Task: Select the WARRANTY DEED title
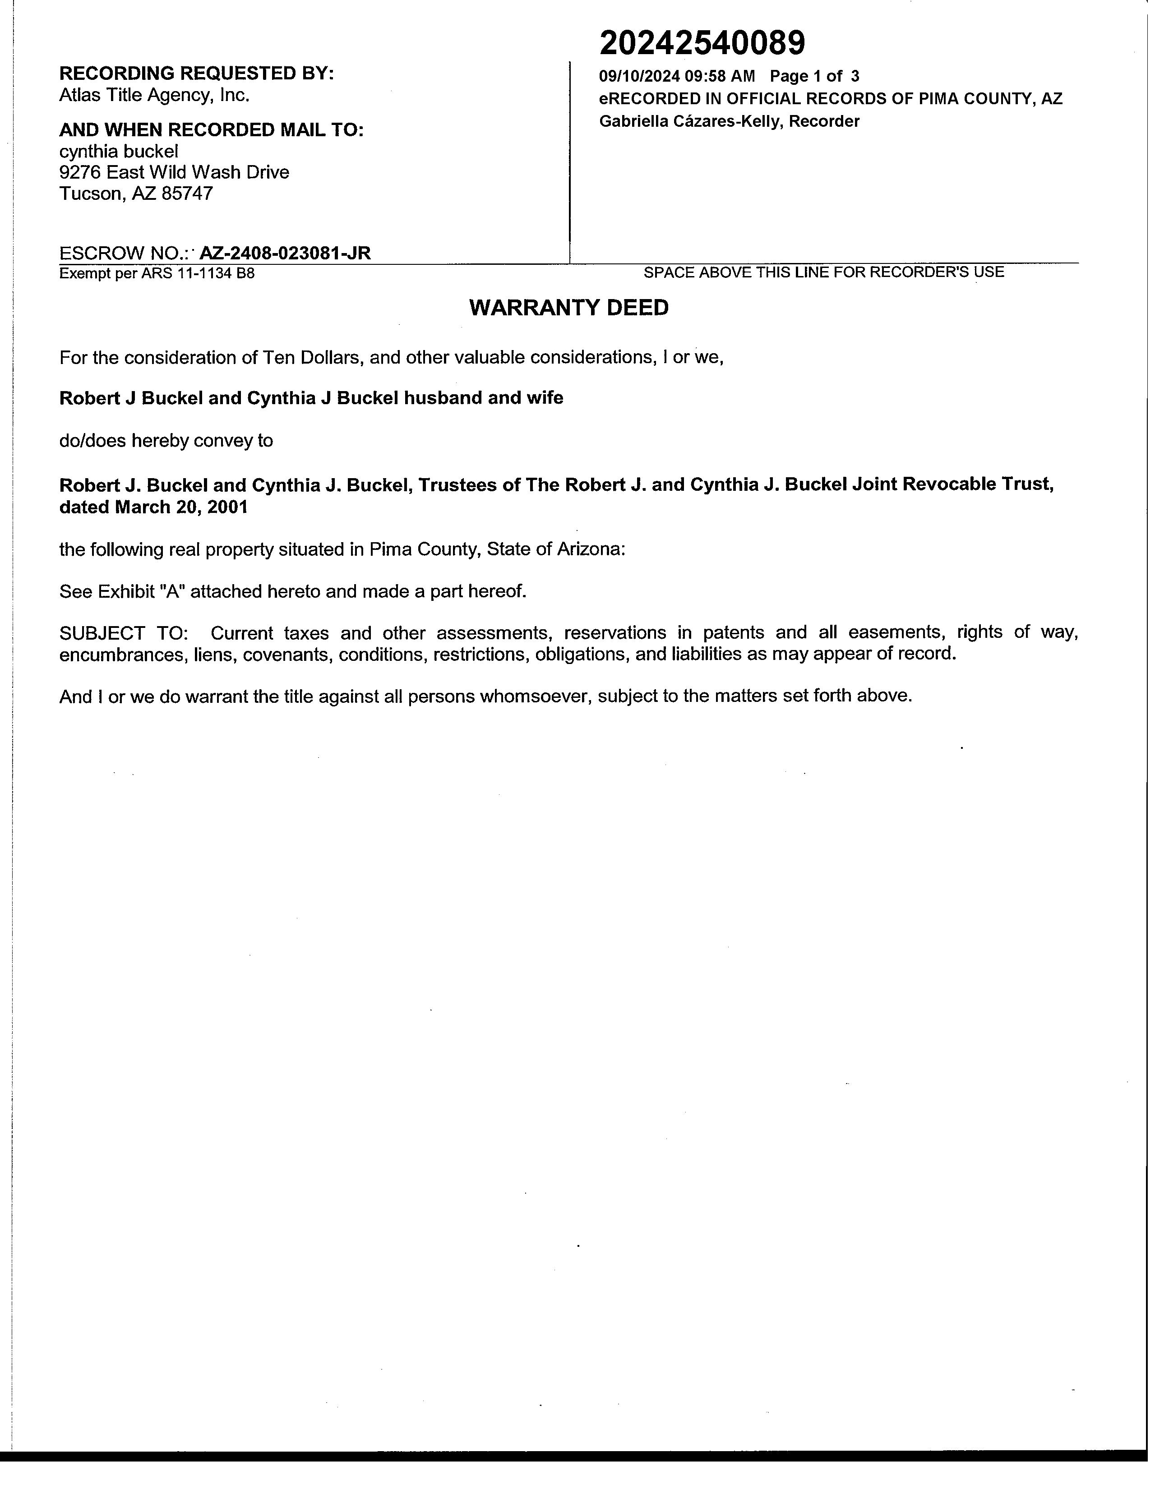(568, 308)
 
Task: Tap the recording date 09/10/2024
(639, 76)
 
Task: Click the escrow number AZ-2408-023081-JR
(285, 253)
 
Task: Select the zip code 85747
(187, 194)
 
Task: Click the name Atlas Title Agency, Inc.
(154, 95)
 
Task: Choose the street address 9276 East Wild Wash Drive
(174, 172)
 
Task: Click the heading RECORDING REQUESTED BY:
(196, 73)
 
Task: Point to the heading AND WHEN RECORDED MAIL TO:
(211, 130)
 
